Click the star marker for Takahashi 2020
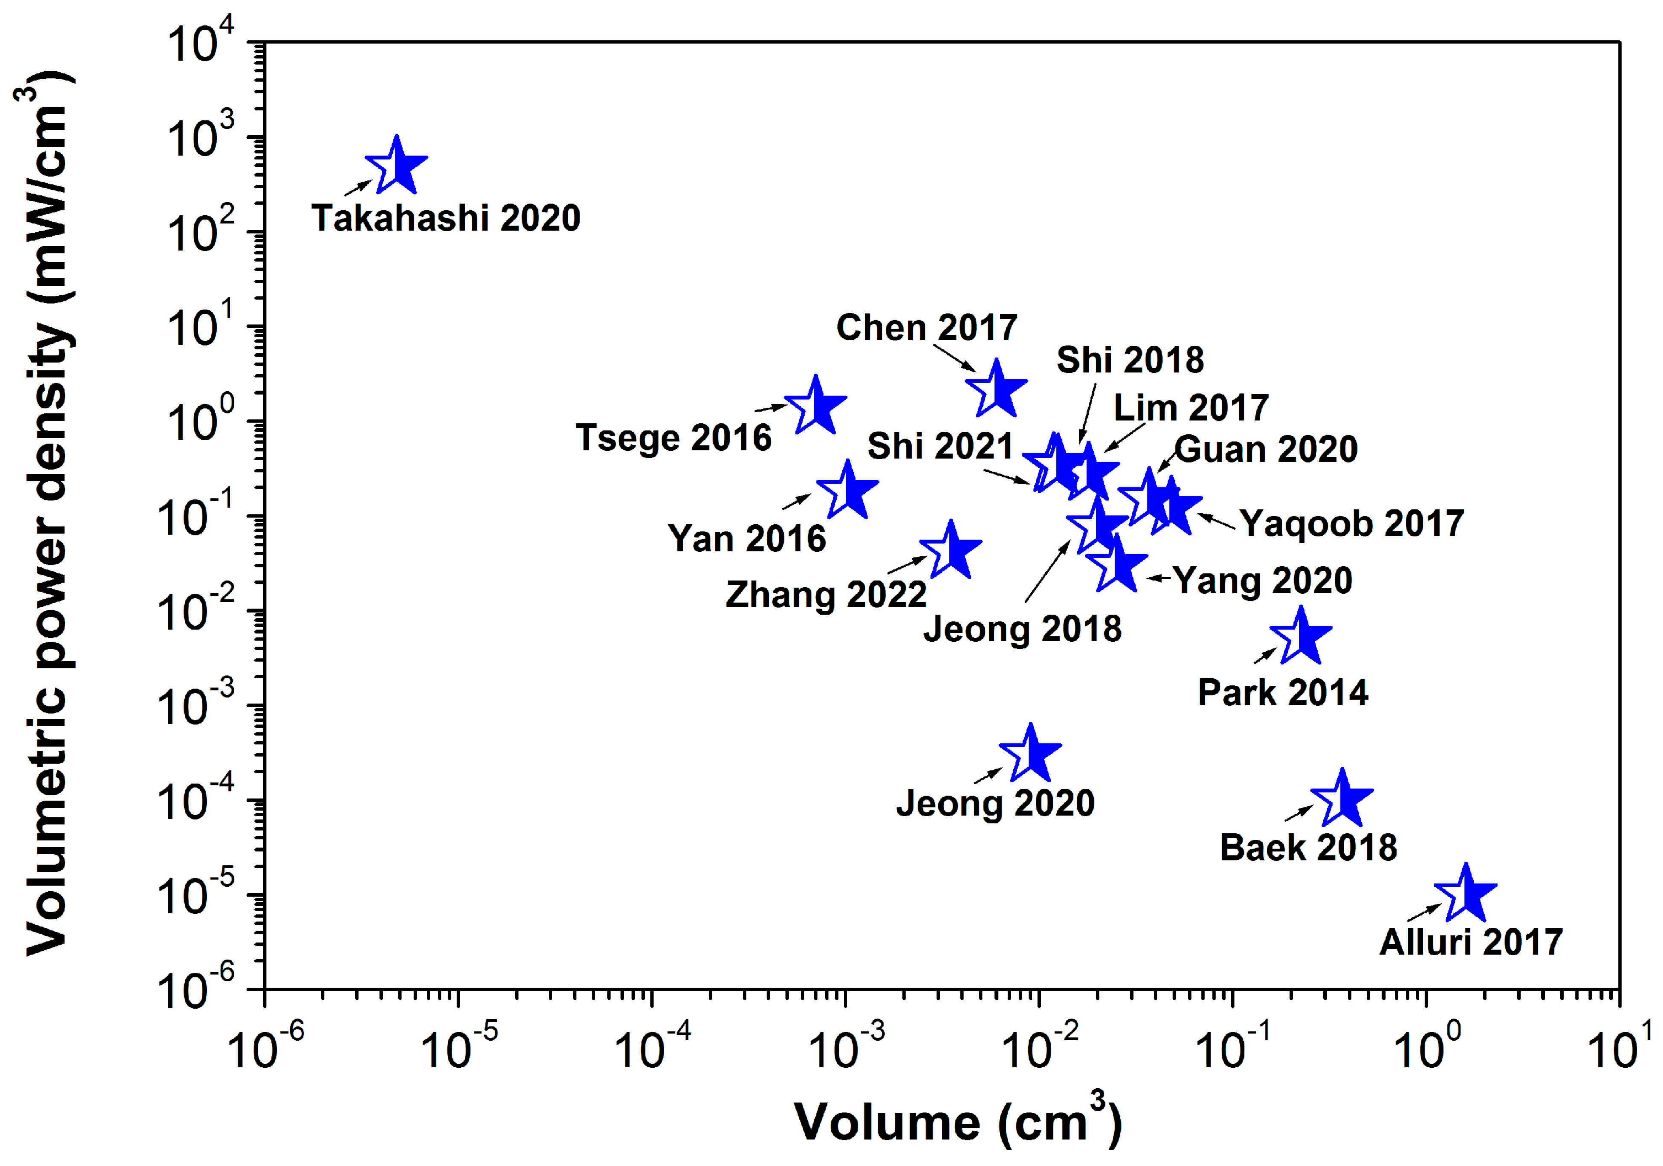[x=396, y=166]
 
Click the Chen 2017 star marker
[x=996, y=389]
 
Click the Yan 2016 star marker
[x=847, y=491]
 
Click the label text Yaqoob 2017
[x=1351, y=523]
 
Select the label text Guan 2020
[x=1265, y=449]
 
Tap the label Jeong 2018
[x=1022, y=629]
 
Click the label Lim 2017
[x=1190, y=408]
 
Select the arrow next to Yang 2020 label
[x=1159, y=578]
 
